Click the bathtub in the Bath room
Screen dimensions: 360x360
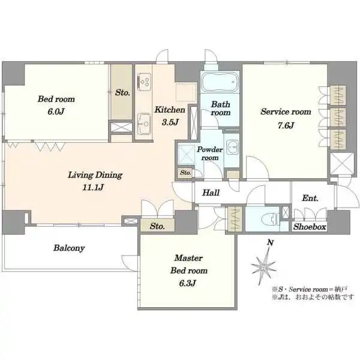click(220, 82)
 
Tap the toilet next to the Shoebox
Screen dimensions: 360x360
click(270, 220)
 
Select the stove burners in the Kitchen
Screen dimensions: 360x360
click(144, 82)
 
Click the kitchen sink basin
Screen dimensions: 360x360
click(144, 124)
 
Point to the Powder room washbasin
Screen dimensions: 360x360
click(232, 146)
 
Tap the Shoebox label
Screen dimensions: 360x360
click(310, 227)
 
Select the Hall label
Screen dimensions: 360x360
click(211, 193)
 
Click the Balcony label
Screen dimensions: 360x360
click(69, 248)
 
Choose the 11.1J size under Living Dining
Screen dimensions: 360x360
click(93, 188)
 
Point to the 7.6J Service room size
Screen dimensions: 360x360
click(286, 125)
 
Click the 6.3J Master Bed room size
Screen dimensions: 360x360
click(187, 283)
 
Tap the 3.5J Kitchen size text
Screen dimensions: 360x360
click(170, 122)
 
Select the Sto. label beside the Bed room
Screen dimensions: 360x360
click(122, 92)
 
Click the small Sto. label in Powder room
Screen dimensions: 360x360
click(185, 172)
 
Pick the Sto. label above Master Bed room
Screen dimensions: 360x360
click(157, 226)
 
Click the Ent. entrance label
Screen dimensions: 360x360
click(310, 198)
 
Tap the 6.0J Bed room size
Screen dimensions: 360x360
click(56, 112)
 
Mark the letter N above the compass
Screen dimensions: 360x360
click(271, 242)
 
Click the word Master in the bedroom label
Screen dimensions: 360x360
click(188, 258)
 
